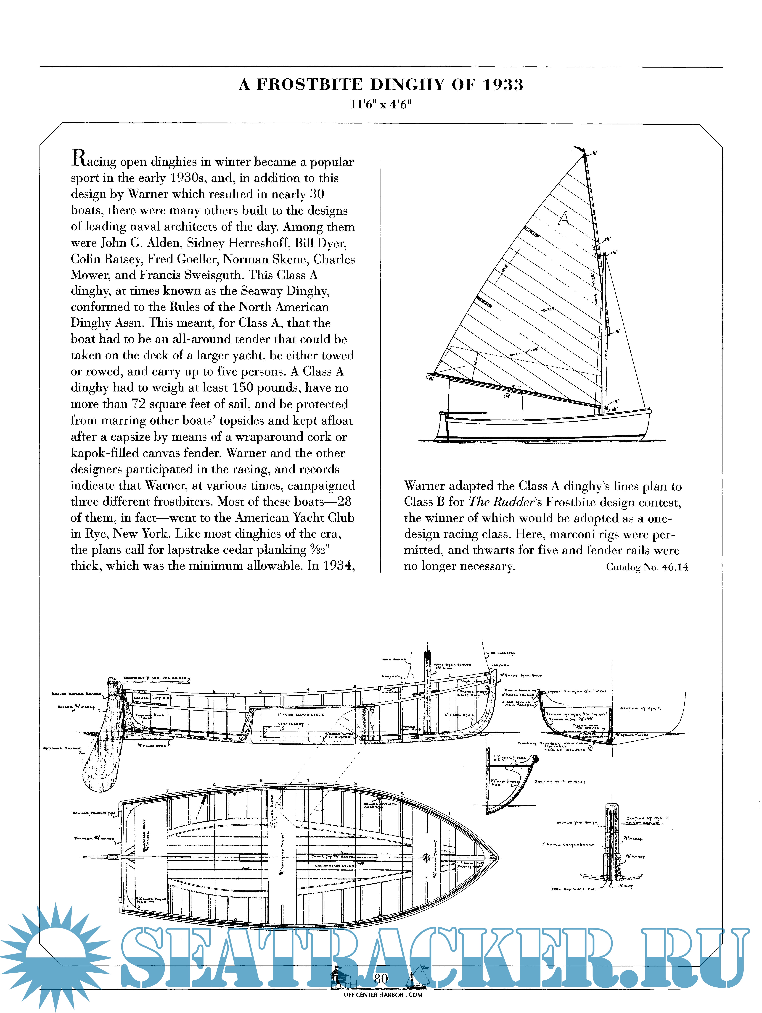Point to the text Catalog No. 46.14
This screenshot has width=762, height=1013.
(x=647, y=567)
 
